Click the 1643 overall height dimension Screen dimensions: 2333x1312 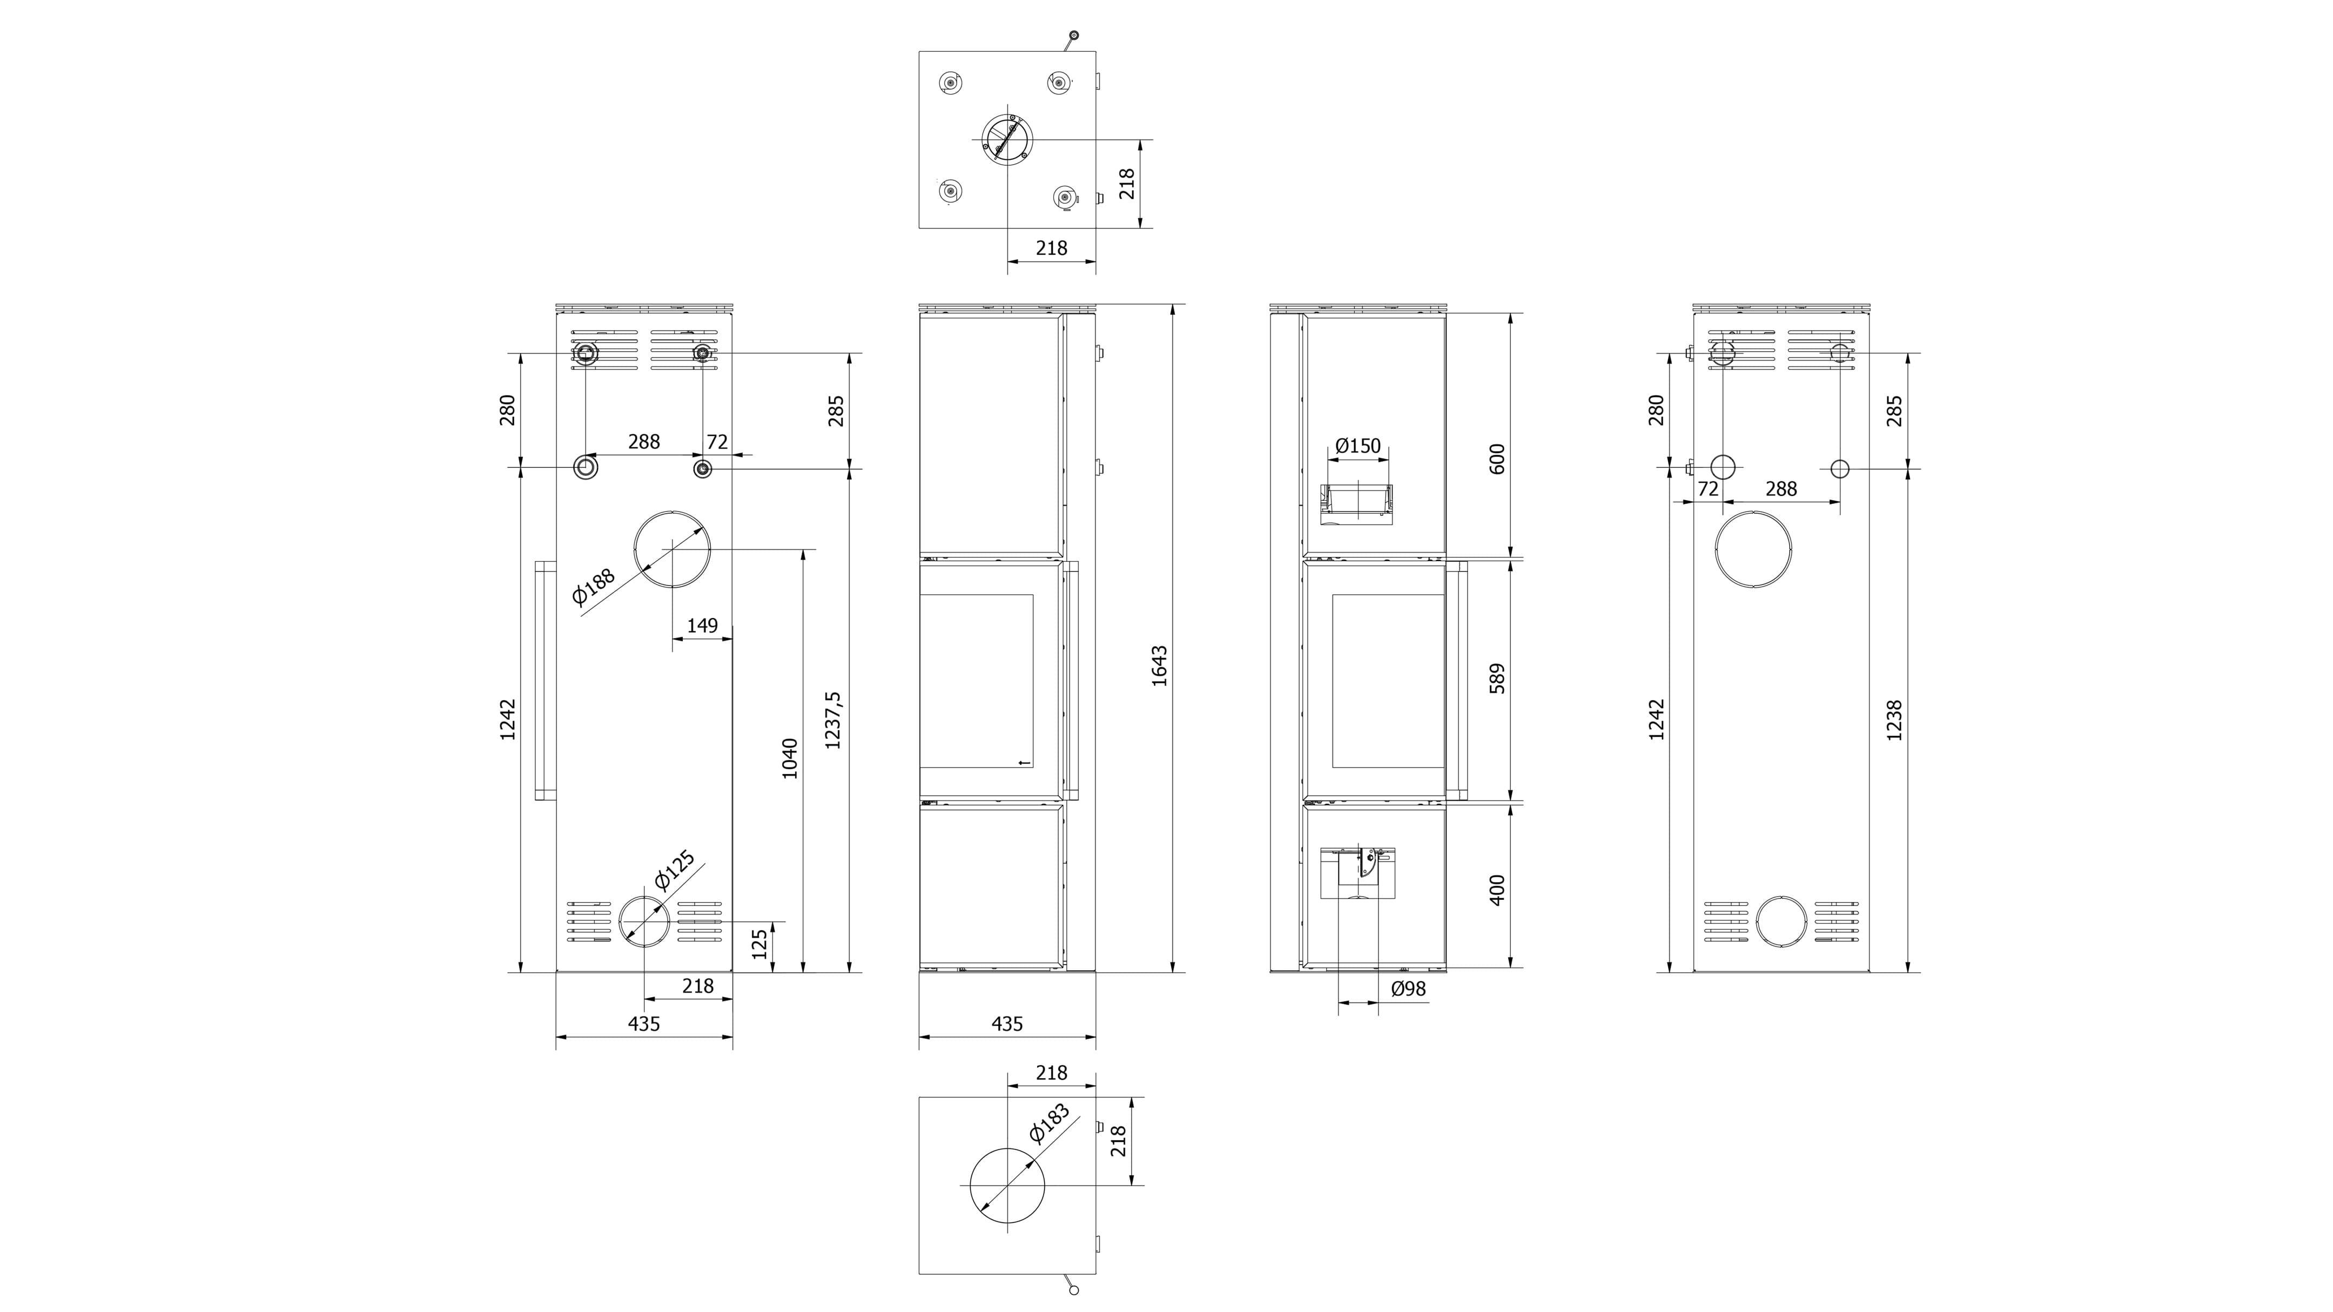tap(1159, 665)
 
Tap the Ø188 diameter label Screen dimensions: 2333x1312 tap(593, 586)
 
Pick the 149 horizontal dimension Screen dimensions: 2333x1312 tap(703, 625)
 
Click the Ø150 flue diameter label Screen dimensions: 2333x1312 tap(1359, 446)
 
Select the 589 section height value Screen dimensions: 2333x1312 tap(1497, 678)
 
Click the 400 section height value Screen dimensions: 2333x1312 tap(1497, 890)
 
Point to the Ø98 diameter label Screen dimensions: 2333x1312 tap(1408, 989)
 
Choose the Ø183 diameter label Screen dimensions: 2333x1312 tap(1051, 1123)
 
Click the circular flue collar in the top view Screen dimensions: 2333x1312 tap(1007, 140)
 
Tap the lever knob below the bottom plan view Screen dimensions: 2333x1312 tap(1074, 1290)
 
